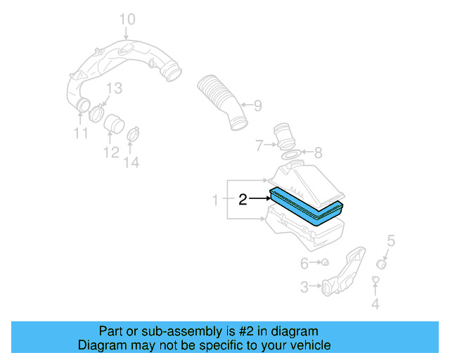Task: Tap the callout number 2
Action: coord(243,200)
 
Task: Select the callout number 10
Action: coord(126,18)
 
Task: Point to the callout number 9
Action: coord(257,106)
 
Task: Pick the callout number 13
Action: coord(114,88)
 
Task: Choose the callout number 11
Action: coord(81,134)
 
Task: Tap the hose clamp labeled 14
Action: coord(132,131)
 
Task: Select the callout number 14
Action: coord(131,162)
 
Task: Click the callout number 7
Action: coord(259,146)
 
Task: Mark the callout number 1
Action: coord(216,201)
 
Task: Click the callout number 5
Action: coord(391,241)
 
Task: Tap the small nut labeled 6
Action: coord(326,263)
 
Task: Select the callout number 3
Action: coord(304,287)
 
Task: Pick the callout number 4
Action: coord(375,304)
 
